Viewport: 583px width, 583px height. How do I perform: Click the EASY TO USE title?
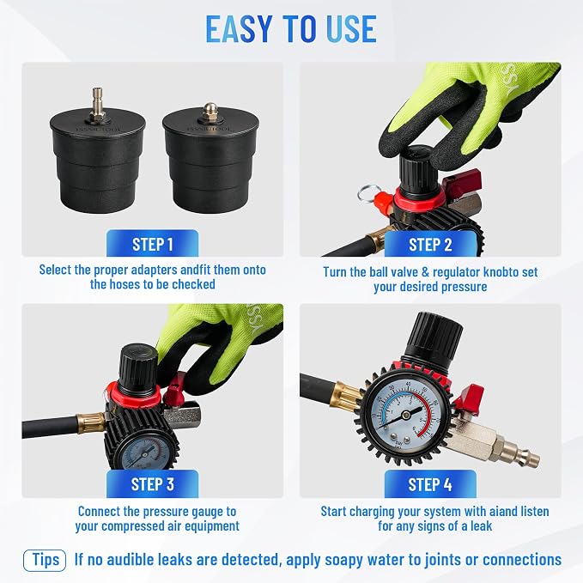point(291,28)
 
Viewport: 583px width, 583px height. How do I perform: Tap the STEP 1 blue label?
point(153,244)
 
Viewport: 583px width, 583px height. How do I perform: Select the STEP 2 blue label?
point(430,244)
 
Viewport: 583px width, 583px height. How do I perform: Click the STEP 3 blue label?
point(153,483)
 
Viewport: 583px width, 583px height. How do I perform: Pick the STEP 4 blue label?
point(430,483)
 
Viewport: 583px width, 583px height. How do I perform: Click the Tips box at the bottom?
point(45,560)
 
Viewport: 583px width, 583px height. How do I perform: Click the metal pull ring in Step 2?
point(366,193)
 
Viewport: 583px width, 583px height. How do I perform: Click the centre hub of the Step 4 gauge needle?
point(407,413)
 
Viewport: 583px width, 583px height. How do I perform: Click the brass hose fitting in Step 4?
point(348,395)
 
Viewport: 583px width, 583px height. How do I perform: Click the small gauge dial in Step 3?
point(143,454)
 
